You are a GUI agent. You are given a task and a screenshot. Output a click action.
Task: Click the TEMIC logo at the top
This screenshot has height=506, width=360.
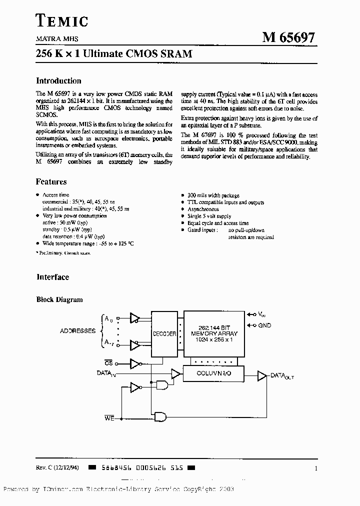[62, 20]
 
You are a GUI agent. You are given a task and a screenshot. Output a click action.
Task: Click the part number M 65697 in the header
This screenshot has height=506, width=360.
[289, 38]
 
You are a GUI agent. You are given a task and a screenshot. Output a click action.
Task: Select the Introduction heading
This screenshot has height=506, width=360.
[58, 81]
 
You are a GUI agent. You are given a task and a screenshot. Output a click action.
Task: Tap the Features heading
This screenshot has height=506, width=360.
[51, 182]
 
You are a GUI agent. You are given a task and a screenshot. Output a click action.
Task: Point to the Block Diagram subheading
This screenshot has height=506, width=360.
[59, 299]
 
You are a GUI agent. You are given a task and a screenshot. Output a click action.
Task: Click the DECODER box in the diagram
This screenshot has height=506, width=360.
[164, 333]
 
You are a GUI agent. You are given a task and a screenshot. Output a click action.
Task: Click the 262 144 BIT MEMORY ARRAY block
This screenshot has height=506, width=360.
[214, 333]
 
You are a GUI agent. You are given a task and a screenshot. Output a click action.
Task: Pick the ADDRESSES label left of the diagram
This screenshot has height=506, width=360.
[77, 331]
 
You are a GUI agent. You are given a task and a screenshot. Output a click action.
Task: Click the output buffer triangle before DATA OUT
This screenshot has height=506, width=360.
[262, 375]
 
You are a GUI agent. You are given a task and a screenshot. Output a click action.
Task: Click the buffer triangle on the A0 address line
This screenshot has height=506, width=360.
[134, 317]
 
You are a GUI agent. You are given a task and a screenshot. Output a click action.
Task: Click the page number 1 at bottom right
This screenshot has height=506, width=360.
[316, 468]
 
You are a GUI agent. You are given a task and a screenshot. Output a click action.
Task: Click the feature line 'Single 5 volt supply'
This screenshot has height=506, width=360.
[209, 216]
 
